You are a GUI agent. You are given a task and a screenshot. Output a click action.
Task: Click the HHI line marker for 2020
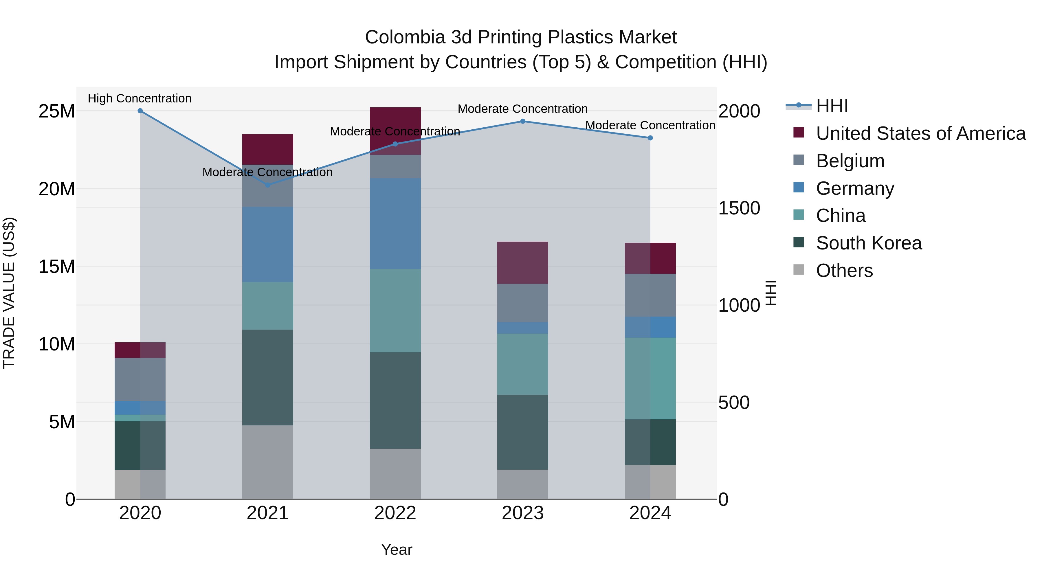[x=140, y=111]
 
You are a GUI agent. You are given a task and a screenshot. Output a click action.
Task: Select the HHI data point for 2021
[x=267, y=185]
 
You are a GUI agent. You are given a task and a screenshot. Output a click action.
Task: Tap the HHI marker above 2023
[x=523, y=121]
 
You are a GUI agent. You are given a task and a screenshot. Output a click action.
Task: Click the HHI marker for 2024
[x=650, y=138]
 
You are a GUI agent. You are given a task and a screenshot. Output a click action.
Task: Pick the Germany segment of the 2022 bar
[x=395, y=224]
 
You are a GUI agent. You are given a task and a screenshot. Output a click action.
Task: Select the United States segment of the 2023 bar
[x=523, y=262]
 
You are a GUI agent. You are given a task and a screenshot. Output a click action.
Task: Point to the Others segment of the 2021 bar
[x=267, y=462]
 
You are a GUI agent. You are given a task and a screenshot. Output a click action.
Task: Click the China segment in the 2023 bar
[x=523, y=364]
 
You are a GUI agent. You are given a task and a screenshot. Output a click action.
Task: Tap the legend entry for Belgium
[x=850, y=161]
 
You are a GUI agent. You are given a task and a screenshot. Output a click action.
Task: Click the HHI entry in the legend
[x=832, y=106]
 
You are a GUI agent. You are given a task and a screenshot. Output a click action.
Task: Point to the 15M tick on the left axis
[x=57, y=267]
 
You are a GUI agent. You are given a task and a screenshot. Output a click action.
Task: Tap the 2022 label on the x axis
[x=395, y=513]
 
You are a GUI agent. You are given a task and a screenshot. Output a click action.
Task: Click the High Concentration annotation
[x=140, y=98]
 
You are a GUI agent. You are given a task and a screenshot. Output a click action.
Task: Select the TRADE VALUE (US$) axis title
[x=9, y=293]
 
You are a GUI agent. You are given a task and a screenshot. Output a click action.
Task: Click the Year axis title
[x=397, y=550]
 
